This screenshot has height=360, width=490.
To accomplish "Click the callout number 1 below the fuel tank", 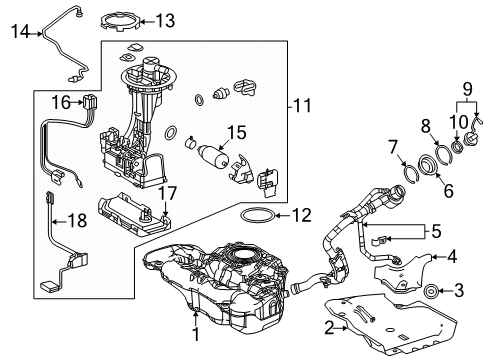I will (x=195, y=338).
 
